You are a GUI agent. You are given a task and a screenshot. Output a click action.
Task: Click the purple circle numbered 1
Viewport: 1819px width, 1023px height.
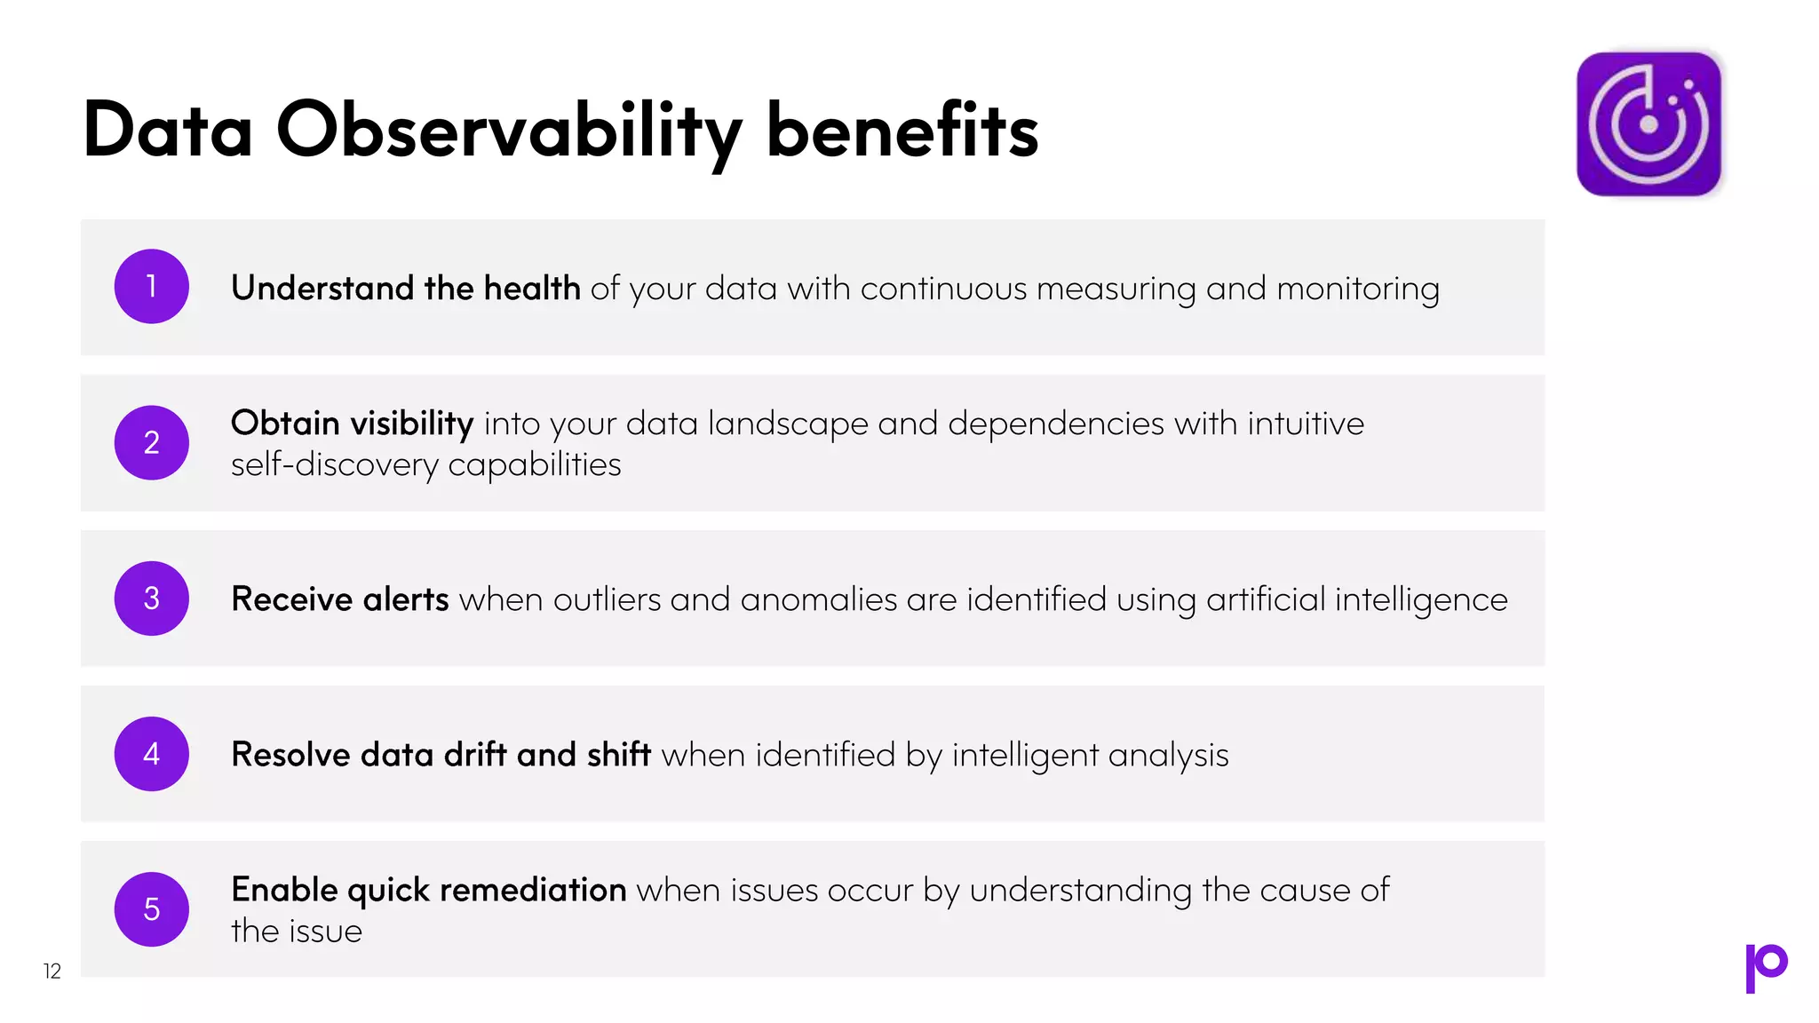point(152,287)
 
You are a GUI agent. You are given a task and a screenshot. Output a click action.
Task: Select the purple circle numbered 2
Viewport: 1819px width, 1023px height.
point(152,442)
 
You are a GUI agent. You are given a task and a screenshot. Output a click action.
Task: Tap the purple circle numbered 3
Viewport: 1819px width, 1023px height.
point(152,599)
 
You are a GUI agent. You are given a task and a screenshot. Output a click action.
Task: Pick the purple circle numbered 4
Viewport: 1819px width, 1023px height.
point(152,754)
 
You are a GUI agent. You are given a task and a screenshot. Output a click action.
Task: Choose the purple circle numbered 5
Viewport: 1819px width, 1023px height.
point(152,909)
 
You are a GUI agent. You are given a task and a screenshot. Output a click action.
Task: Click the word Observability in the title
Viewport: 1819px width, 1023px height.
point(509,131)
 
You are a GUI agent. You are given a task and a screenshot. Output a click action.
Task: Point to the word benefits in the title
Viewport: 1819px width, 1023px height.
point(902,131)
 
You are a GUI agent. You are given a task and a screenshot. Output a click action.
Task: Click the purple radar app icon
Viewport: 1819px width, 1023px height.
point(1648,124)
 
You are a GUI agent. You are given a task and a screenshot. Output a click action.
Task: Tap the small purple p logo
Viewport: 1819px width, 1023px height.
point(1766,967)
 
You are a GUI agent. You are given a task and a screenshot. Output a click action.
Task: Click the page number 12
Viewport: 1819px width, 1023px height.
point(52,971)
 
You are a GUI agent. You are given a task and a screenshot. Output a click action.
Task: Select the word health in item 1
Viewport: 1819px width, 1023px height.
point(532,289)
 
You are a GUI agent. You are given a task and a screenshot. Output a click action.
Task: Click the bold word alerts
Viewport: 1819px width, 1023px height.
point(406,599)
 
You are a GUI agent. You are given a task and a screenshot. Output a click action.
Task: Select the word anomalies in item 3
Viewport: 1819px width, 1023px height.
point(818,600)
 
